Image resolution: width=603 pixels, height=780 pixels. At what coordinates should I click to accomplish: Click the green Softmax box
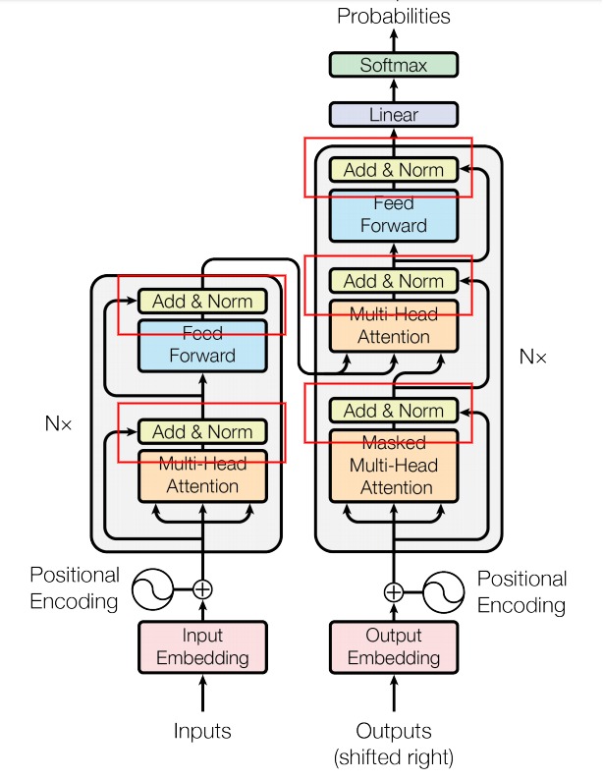(x=394, y=65)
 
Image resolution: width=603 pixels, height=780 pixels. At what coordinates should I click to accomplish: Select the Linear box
(x=394, y=114)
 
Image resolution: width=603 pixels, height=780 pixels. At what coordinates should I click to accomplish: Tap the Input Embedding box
(x=202, y=647)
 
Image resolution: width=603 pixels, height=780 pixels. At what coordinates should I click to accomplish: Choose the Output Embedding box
(x=394, y=647)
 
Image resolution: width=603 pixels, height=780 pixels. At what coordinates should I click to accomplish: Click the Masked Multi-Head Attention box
(x=394, y=466)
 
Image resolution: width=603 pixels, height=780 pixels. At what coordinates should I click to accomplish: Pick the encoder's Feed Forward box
(x=202, y=345)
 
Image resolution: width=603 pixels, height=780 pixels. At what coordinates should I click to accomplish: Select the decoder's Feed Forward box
(x=394, y=215)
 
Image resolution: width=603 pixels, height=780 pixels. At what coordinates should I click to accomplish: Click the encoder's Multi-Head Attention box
(x=202, y=476)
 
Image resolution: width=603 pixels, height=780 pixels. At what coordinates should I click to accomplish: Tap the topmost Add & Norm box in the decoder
(x=394, y=170)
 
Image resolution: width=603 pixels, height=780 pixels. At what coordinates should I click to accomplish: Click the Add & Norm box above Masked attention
(x=394, y=411)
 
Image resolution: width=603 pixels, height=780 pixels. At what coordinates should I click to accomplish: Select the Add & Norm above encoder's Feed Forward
(x=202, y=301)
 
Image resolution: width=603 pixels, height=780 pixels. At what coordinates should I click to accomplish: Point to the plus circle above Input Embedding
(x=202, y=589)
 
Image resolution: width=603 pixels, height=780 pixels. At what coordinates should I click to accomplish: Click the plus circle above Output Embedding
(x=394, y=592)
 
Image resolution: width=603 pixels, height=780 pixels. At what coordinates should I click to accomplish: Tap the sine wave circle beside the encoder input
(x=152, y=589)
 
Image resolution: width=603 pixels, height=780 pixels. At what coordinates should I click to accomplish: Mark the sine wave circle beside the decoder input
(x=444, y=592)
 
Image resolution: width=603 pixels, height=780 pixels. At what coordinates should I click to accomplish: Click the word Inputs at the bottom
(x=202, y=731)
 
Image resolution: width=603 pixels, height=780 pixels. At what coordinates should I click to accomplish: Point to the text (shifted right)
(x=394, y=757)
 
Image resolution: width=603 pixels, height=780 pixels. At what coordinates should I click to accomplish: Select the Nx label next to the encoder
(x=58, y=423)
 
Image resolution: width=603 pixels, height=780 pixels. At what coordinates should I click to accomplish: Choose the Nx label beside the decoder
(x=533, y=357)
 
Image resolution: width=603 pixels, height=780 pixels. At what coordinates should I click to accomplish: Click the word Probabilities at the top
(x=394, y=16)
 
